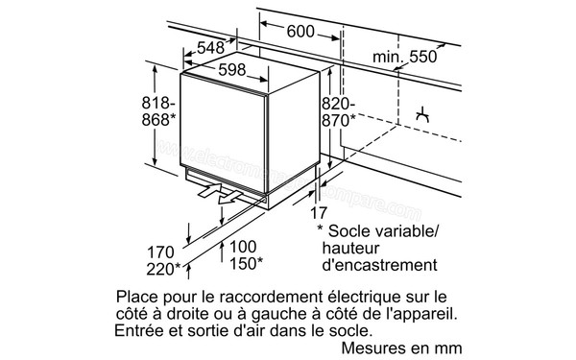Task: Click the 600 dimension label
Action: (x=300, y=32)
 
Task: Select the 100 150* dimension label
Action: (x=246, y=253)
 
